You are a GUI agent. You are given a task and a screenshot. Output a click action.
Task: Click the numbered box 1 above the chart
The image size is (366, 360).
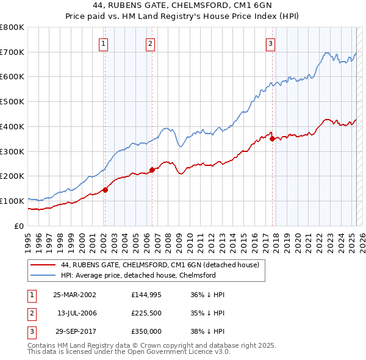(x=104, y=43)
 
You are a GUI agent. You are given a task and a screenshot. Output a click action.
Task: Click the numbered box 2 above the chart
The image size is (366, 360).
(x=150, y=43)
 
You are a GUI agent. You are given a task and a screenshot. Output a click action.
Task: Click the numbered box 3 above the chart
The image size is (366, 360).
(x=270, y=43)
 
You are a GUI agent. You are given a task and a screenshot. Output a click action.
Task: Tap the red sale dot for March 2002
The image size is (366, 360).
(x=105, y=190)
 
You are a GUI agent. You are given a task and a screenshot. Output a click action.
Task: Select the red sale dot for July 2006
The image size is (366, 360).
(x=152, y=170)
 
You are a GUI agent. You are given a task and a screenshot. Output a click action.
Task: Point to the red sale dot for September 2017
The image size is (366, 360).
(x=272, y=139)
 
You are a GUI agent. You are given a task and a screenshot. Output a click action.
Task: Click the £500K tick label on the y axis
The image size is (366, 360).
(x=12, y=102)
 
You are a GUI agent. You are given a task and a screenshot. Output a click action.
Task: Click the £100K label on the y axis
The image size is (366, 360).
(x=12, y=201)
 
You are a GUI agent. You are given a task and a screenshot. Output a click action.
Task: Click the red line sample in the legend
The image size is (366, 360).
(x=43, y=265)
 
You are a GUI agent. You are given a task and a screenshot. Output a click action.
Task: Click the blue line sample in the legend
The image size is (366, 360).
(x=43, y=275)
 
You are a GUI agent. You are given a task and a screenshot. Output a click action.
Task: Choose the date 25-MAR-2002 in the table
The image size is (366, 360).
(x=74, y=294)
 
